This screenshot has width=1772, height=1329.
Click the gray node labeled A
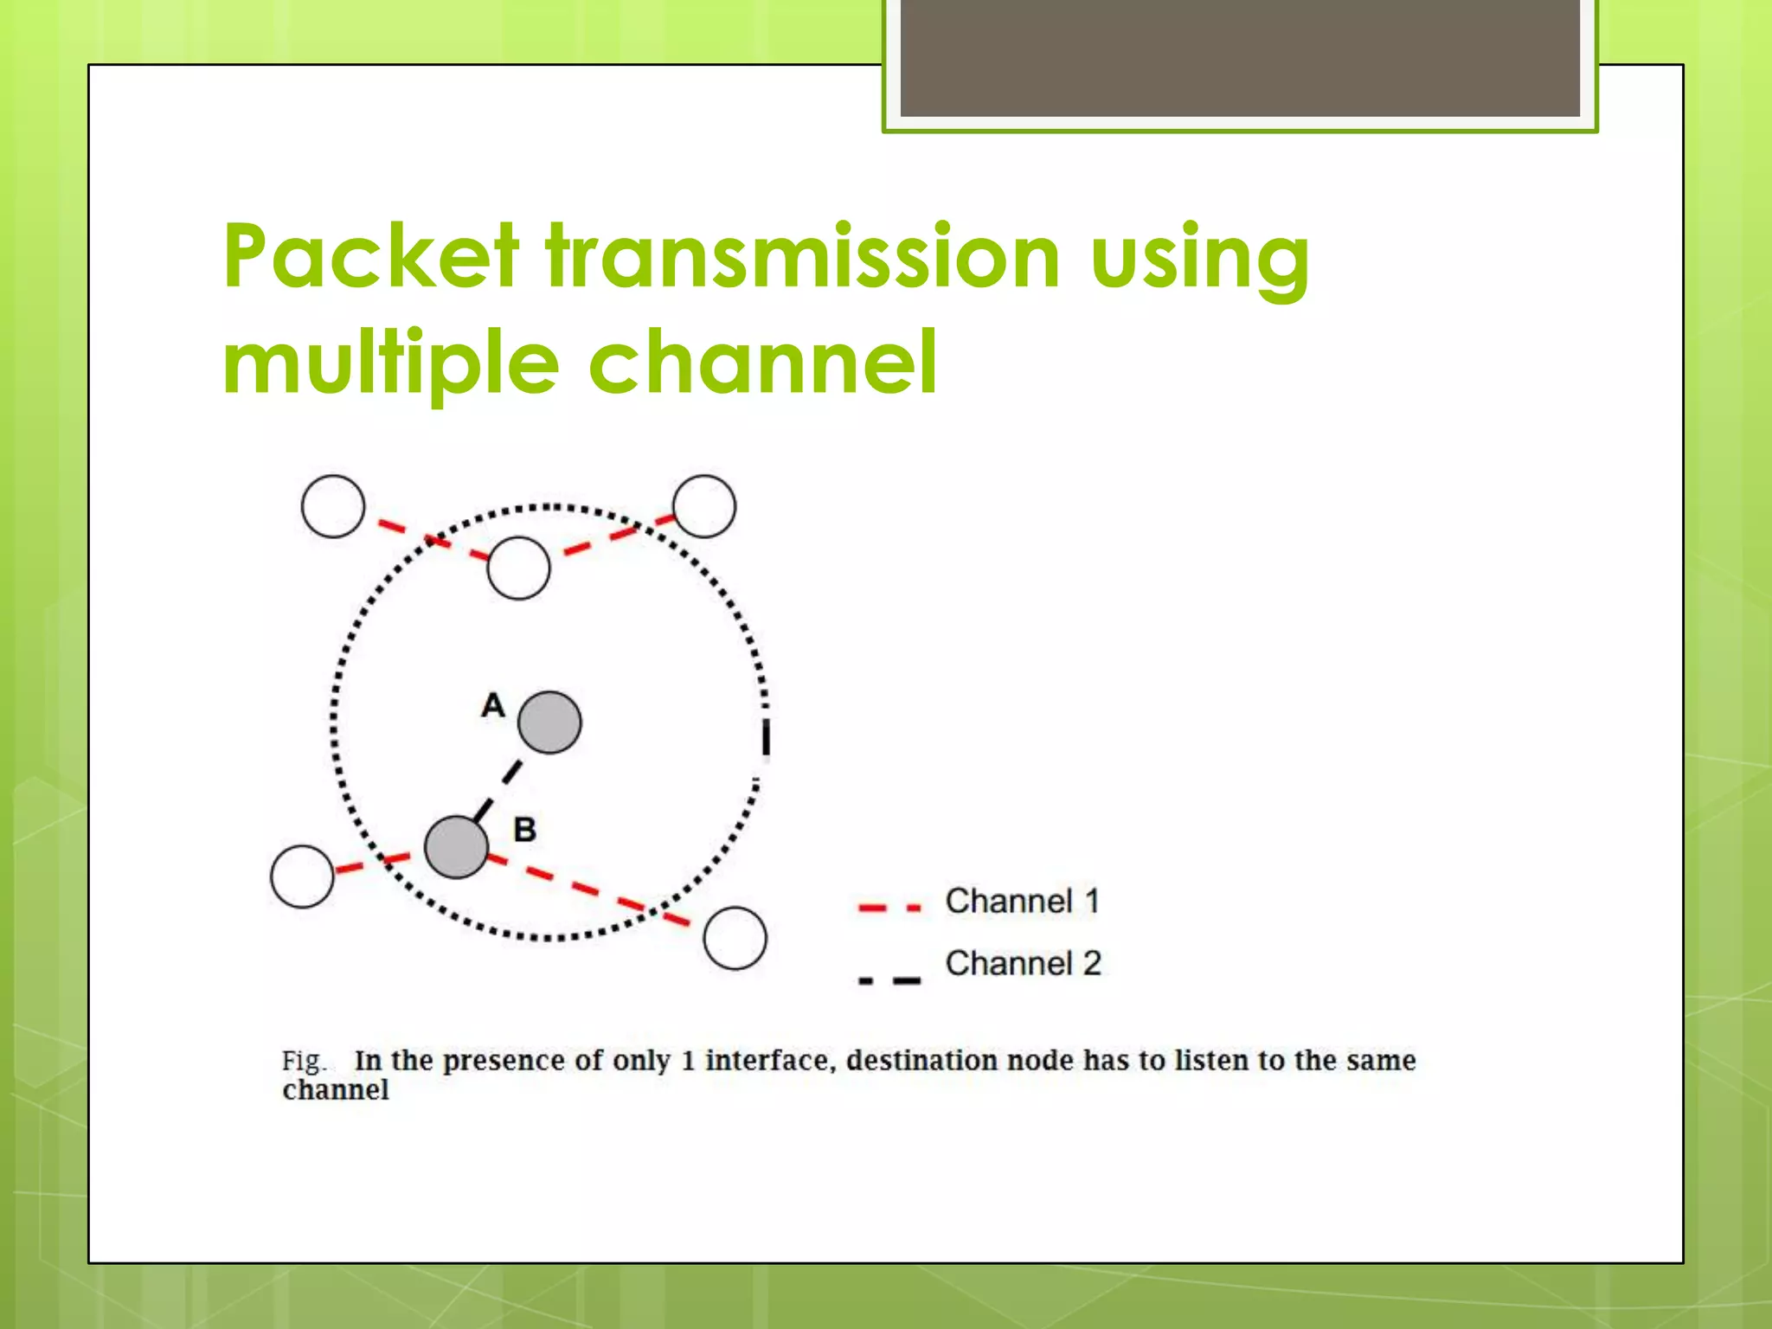549,722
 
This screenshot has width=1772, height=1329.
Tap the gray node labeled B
456,847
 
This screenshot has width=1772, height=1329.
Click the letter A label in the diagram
492,705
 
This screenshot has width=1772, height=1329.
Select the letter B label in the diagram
524,830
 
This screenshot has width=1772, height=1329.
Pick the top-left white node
333,506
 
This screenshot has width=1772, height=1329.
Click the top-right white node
704,506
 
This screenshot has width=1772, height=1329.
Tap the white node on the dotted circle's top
518,568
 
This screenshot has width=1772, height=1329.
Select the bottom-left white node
302,876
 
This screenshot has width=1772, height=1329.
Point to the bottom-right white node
735,938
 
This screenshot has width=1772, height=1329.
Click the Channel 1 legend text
1022,902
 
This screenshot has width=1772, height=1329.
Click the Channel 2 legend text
1023,964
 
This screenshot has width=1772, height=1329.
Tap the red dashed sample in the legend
889,908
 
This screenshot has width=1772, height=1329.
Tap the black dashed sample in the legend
889,980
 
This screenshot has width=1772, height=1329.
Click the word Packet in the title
371,256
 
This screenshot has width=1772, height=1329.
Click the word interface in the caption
769,1061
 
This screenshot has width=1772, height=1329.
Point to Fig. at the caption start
303,1062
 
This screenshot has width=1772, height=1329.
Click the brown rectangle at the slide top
1239,57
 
